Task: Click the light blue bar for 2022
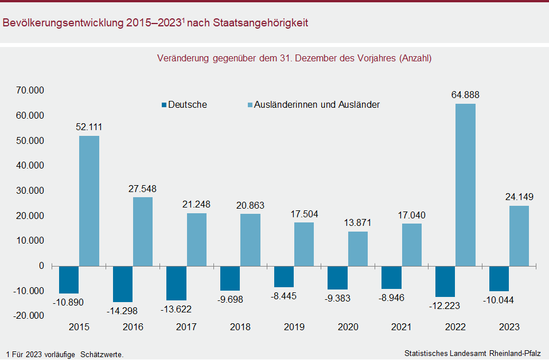(x=465, y=185)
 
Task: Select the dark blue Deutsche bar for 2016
(x=123, y=283)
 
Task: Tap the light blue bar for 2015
(x=89, y=201)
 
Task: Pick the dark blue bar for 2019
(x=284, y=276)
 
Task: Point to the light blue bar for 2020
(x=357, y=248)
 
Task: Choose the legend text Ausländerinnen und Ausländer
(x=317, y=105)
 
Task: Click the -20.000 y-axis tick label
(x=29, y=316)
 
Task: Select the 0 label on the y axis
(x=41, y=266)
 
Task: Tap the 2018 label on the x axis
(x=240, y=327)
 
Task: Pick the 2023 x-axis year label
(x=509, y=327)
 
